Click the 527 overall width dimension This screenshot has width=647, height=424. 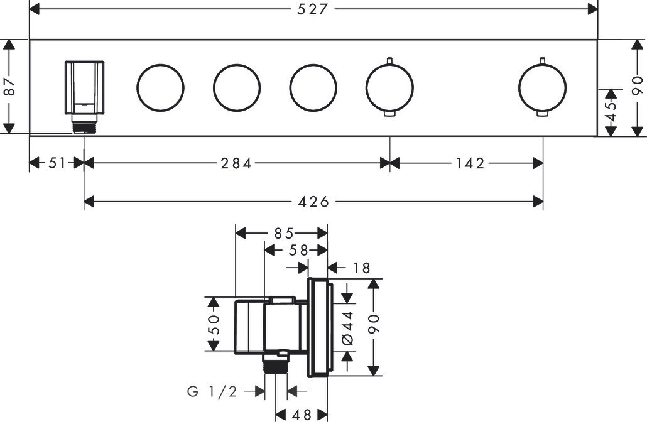[x=312, y=9]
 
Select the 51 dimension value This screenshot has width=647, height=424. [x=57, y=163]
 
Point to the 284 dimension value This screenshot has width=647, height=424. [x=236, y=164]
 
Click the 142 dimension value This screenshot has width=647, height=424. [x=470, y=164]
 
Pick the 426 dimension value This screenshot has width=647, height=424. [x=313, y=202]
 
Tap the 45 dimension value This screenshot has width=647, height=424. [x=611, y=111]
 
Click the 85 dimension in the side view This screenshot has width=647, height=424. [x=284, y=234]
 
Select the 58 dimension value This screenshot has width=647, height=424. [x=298, y=250]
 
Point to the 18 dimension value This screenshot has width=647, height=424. [x=361, y=268]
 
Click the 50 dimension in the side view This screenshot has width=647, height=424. [x=214, y=324]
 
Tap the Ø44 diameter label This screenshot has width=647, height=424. [x=347, y=329]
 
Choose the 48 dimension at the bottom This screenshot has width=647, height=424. [x=302, y=415]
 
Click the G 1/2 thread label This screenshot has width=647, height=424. [x=212, y=391]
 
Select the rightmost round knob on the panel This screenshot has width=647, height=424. [x=542, y=88]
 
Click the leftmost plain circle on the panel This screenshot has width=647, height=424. [x=161, y=88]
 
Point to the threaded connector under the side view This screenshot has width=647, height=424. [x=276, y=363]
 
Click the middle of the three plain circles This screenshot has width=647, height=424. [x=237, y=88]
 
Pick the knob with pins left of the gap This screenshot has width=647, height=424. [x=389, y=88]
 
